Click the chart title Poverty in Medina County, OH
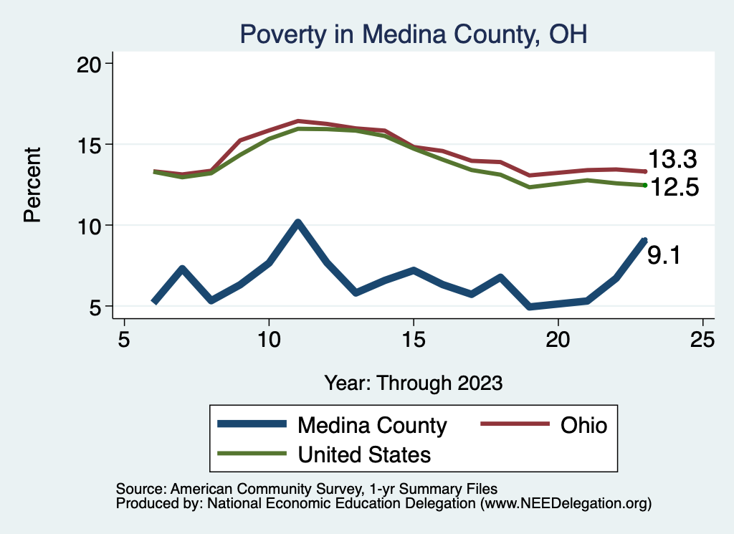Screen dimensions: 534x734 413,34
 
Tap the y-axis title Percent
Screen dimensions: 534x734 32,184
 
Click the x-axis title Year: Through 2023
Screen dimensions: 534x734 413,382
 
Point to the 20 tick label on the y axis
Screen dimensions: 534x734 90,64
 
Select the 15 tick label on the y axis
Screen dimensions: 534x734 90,145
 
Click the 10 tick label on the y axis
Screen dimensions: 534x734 90,226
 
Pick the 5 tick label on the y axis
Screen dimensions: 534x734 97,307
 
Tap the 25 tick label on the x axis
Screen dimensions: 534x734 702,340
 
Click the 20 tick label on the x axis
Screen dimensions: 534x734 558,340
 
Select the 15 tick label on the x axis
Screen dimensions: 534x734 413,340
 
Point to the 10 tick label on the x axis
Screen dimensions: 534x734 268,340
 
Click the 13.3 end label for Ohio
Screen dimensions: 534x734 672,160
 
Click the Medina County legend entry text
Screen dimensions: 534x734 372,425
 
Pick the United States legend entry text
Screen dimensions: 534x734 364,454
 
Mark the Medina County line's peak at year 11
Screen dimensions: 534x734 297,224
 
